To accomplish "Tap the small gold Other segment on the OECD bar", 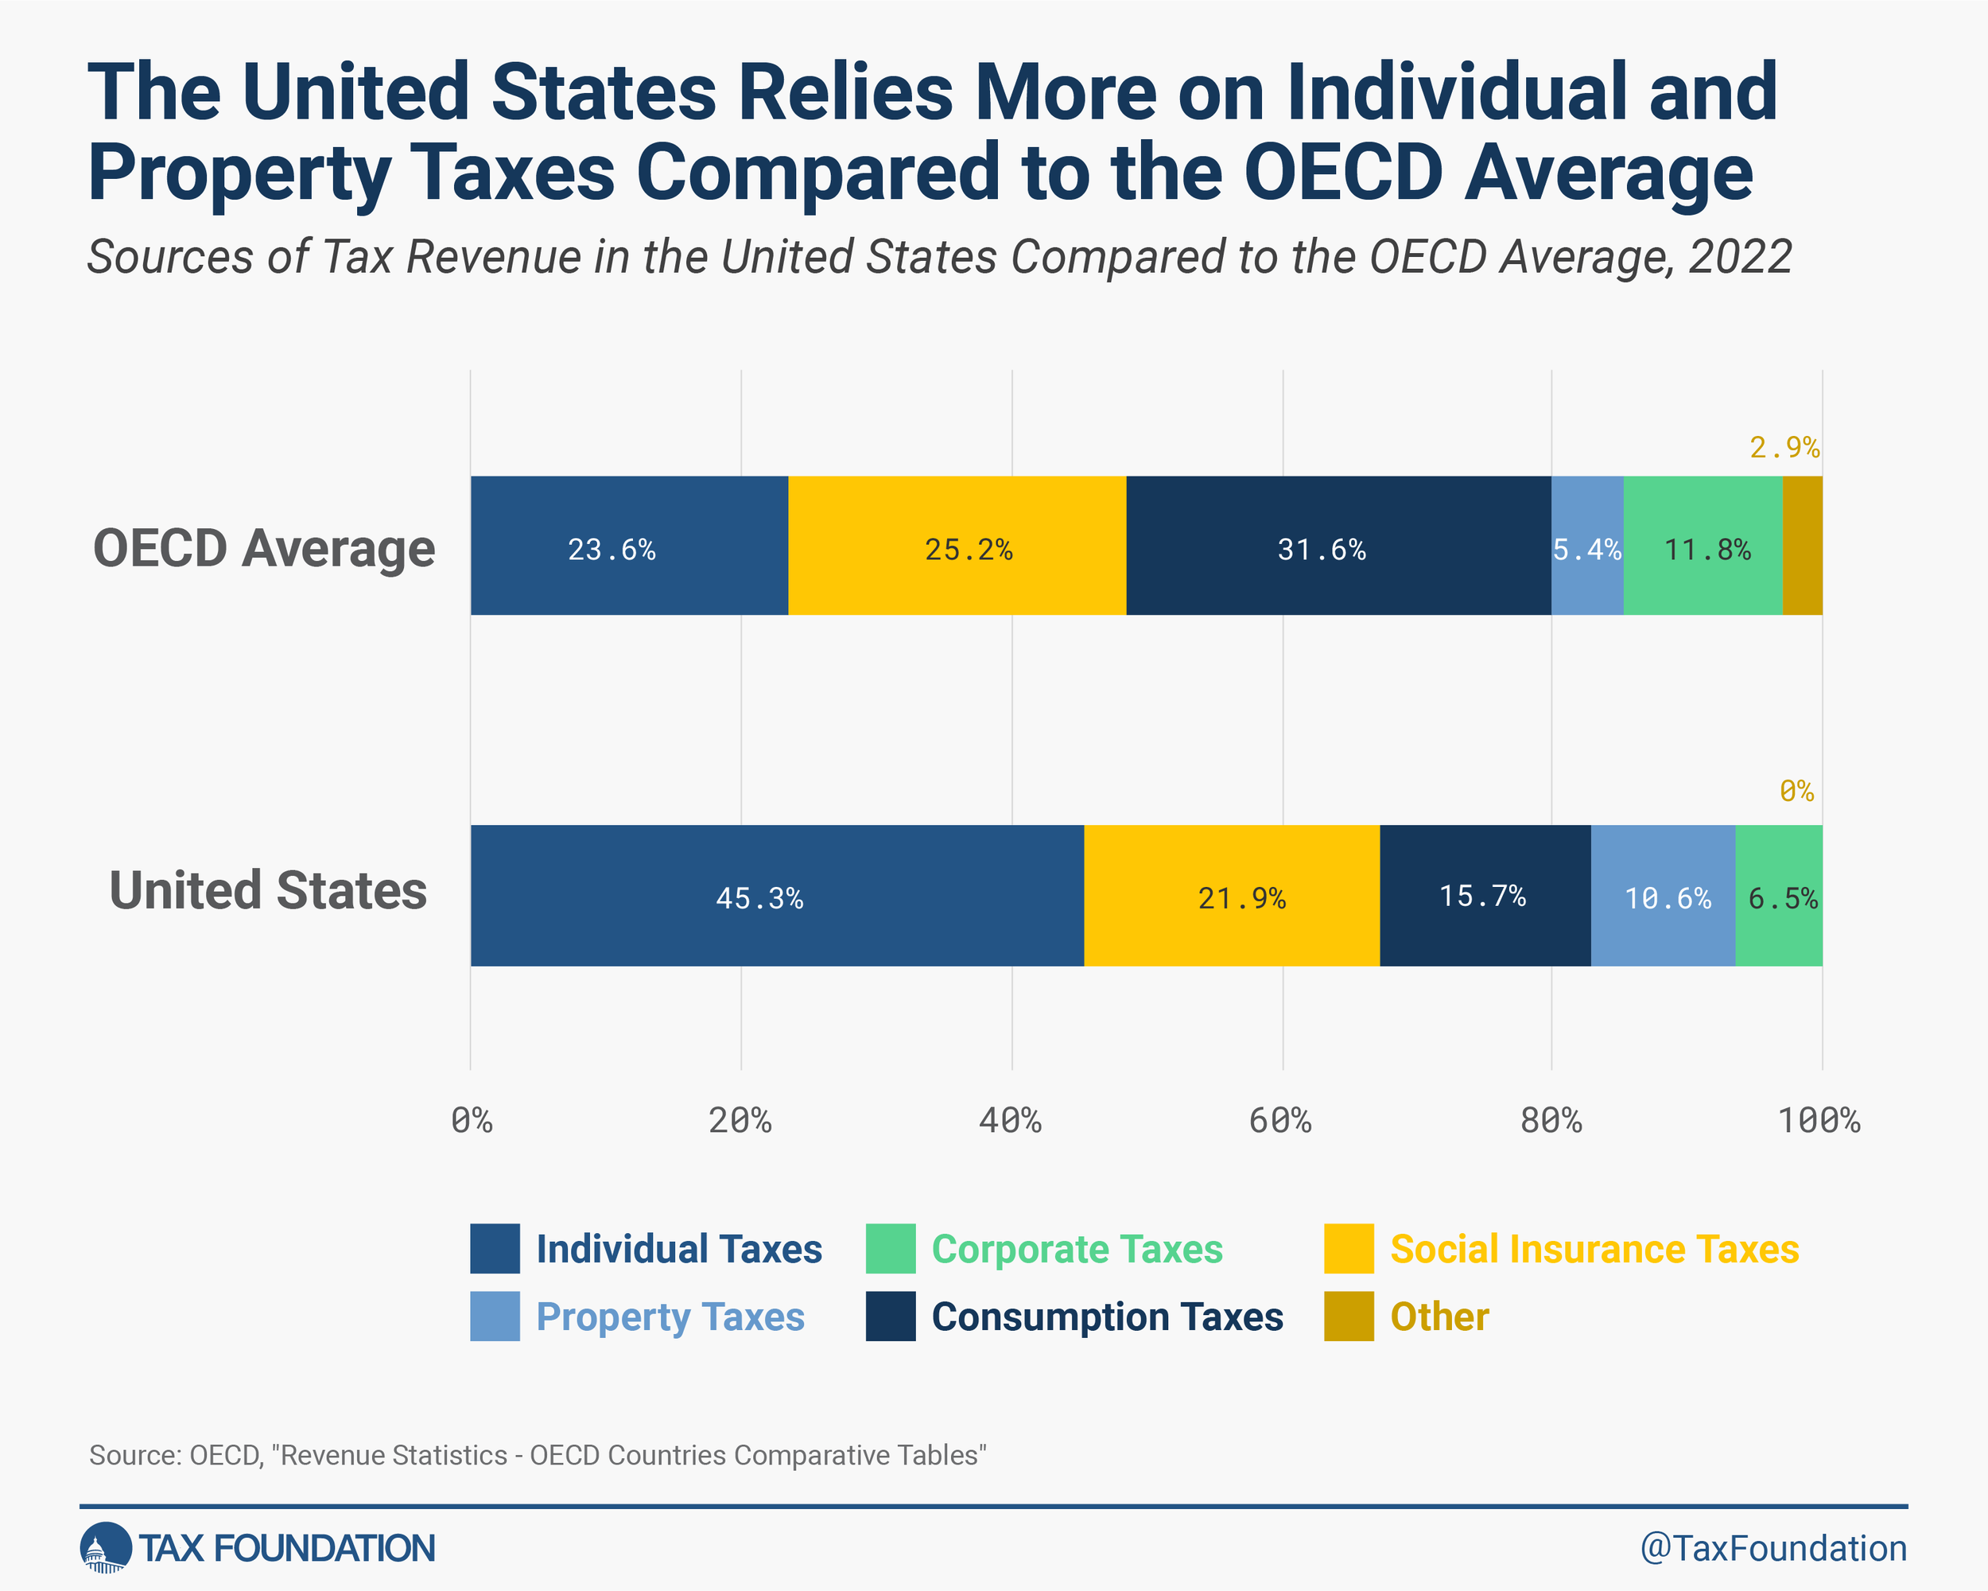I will click(x=1803, y=546).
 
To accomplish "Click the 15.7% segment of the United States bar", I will click(x=1485, y=896).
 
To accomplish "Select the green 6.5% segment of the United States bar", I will click(x=1780, y=896).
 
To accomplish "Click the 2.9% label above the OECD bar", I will click(x=1784, y=448).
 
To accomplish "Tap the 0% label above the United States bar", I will click(x=1796, y=792).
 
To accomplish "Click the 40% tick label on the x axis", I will click(x=1011, y=1121).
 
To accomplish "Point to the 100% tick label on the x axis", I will click(x=1819, y=1121).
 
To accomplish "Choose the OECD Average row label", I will click(x=265, y=548).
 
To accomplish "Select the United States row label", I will click(x=268, y=891).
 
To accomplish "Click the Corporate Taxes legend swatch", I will click(x=891, y=1249).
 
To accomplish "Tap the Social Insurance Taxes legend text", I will click(x=1594, y=1249).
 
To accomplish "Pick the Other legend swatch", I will click(x=1349, y=1316).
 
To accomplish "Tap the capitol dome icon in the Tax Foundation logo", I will click(x=105, y=1548).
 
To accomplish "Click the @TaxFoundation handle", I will click(x=1773, y=1549).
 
